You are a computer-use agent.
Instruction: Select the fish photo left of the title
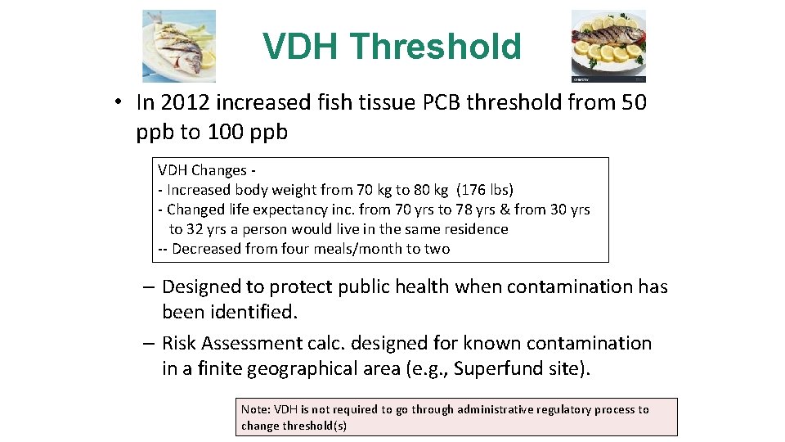(x=179, y=46)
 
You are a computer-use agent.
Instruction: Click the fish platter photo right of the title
(x=608, y=46)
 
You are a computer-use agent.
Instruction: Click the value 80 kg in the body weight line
(x=424, y=190)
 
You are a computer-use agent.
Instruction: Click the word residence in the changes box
(x=470, y=229)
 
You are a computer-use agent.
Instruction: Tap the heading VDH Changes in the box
(x=202, y=170)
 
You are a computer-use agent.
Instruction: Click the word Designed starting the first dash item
(x=201, y=286)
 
